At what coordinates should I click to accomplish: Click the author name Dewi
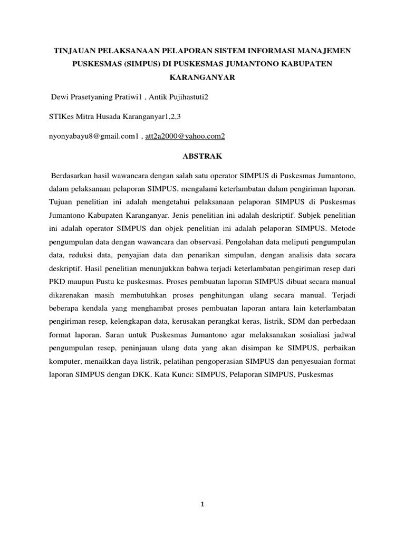point(60,98)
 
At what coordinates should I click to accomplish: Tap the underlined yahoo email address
point(185,136)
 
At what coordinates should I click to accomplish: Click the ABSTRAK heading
point(202,157)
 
